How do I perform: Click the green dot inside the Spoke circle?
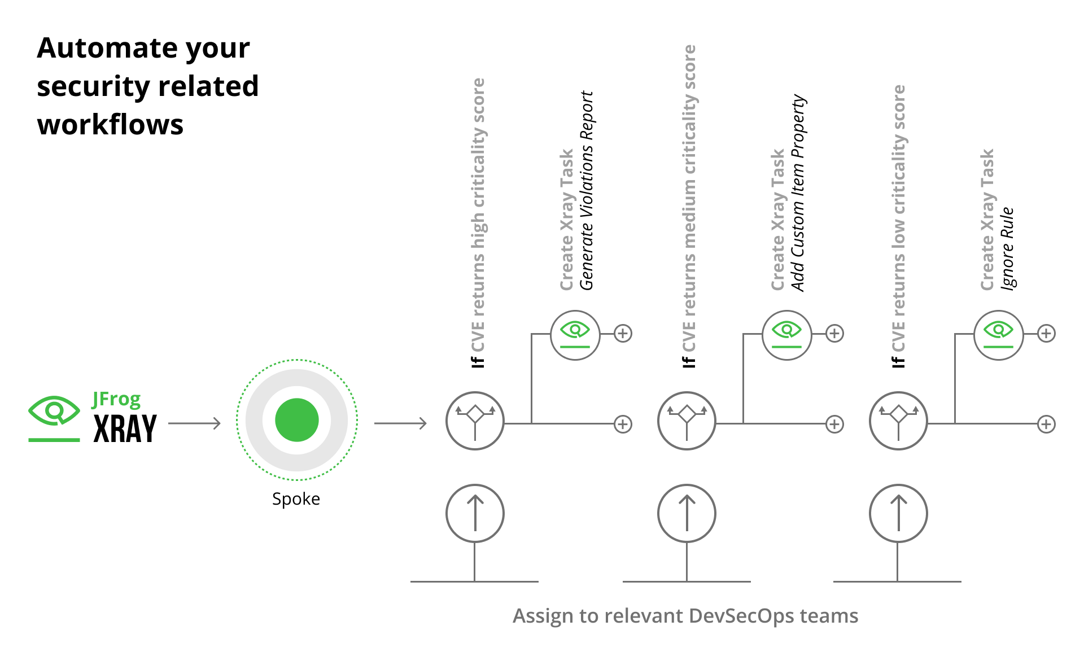[297, 420]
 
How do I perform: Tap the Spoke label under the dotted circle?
[296, 499]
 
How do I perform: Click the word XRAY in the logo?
[125, 429]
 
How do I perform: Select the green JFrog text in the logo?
[116, 399]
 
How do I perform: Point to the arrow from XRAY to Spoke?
[194, 423]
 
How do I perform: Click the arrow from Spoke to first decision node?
[400, 423]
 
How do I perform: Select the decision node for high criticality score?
[475, 421]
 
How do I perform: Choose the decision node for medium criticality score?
[687, 421]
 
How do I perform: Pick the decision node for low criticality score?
[898, 421]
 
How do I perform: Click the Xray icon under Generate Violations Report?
[575, 335]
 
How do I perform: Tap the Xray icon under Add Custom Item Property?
[786, 335]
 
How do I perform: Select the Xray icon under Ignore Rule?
[998, 335]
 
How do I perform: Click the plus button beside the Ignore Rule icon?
[1046, 334]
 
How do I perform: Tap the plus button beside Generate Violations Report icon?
[623, 334]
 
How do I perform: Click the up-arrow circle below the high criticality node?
[475, 513]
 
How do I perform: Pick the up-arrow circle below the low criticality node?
[898, 513]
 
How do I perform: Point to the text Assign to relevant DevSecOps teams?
[685, 616]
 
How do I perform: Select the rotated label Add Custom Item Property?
[798, 192]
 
